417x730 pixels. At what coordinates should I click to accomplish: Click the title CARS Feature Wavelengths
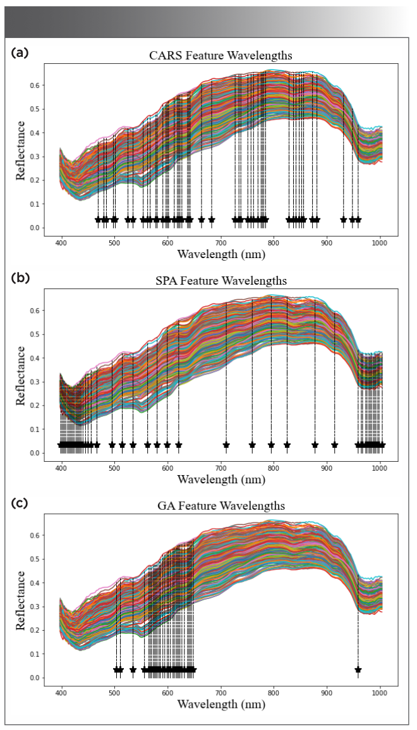coord(220,56)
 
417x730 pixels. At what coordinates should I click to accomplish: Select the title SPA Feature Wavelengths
coord(220,281)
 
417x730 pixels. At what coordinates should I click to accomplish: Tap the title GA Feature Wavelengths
coord(220,506)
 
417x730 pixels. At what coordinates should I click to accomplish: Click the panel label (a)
coord(19,53)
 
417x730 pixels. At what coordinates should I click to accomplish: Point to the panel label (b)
coord(19,278)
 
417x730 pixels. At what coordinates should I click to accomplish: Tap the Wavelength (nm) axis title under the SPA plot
coord(220,479)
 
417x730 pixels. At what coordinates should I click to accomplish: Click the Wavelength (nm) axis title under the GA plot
coord(220,704)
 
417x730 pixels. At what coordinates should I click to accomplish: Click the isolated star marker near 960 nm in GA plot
coord(358,669)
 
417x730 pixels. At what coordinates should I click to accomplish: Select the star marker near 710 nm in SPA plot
coord(226,445)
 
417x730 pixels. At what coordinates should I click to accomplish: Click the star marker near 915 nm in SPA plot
coord(335,445)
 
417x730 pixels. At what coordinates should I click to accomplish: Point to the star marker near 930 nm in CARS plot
coord(343,220)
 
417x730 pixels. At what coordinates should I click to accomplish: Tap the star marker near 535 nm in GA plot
coord(133,669)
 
